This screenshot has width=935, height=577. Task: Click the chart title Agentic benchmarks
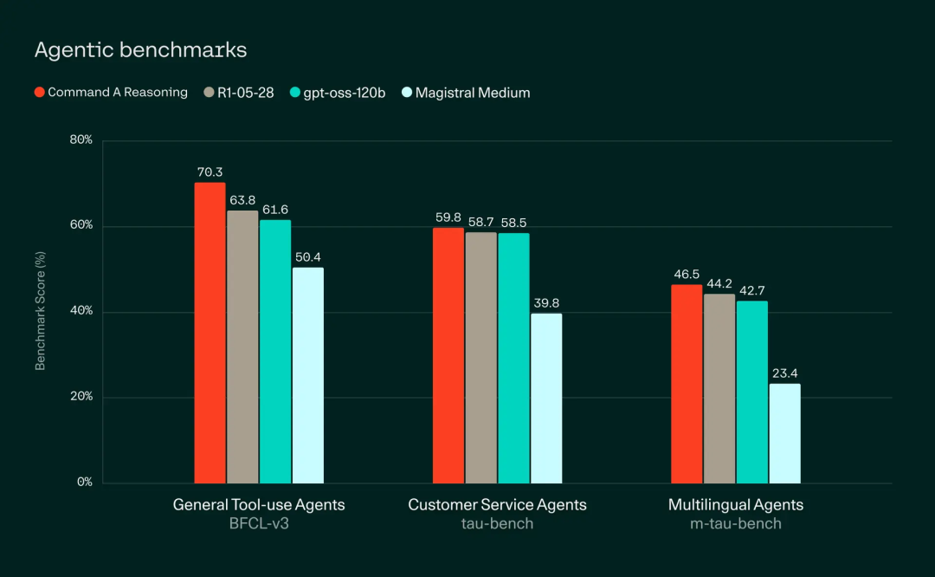click(x=140, y=50)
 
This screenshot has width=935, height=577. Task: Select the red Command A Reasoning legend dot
click(x=39, y=92)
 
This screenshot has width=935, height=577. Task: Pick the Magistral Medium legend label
click(x=473, y=92)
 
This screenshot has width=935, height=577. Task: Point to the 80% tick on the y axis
click(x=81, y=140)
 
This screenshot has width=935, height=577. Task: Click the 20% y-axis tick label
click(x=81, y=397)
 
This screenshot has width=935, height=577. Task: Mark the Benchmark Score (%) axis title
click(x=40, y=311)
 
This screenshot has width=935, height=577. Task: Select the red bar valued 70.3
click(x=210, y=333)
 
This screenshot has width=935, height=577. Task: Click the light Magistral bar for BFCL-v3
click(x=307, y=375)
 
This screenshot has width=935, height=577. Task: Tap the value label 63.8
click(x=242, y=200)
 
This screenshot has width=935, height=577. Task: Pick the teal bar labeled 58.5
click(x=513, y=358)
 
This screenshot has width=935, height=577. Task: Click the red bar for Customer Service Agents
click(x=448, y=355)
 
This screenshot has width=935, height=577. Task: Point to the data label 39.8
click(x=546, y=302)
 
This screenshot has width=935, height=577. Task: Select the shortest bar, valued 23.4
click(x=784, y=433)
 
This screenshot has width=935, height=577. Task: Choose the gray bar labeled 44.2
click(x=719, y=389)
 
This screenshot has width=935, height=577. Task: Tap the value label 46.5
click(x=687, y=274)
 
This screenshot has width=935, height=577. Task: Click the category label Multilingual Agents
click(x=736, y=504)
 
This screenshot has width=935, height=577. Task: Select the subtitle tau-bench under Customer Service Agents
click(x=497, y=523)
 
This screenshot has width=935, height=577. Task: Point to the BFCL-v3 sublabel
click(x=259, y=523)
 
